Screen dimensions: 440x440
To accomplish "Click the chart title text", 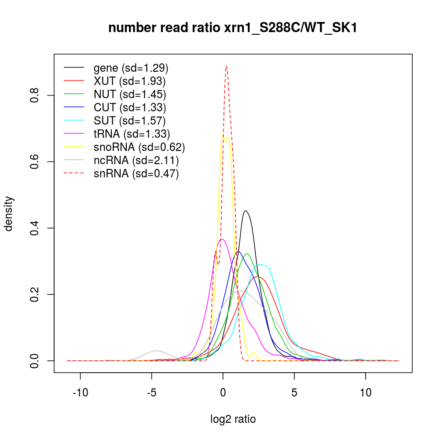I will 232,28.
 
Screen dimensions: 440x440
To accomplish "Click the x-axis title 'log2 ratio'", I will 233,419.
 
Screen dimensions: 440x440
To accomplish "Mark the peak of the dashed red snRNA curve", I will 226,66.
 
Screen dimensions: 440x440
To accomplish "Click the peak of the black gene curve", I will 246,211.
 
